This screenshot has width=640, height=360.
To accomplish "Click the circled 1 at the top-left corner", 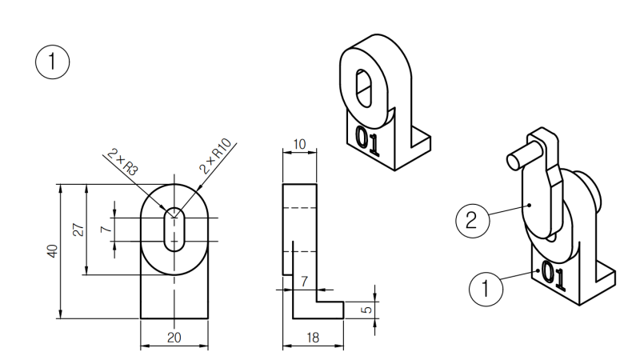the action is [52, 62].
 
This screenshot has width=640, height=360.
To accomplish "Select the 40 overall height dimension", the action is [53, 251].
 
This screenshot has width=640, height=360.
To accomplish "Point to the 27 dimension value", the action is [78, 230].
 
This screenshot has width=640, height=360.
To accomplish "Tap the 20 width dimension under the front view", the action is [174, 338].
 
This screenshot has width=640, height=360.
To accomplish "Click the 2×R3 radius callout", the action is [122, 162].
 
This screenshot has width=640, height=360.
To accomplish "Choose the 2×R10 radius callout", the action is [215, 156].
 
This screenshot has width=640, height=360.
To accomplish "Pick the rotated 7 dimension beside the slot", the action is [106, 229].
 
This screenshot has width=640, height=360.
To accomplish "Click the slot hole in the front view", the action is [174, 229].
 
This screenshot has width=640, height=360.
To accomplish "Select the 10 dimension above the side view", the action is [299, 144].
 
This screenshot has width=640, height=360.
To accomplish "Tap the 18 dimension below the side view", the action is [313, 338].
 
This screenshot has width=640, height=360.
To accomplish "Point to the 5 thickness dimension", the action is [367, 310].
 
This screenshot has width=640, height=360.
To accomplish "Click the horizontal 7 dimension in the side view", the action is [304, 282].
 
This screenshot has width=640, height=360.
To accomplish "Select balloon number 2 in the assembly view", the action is [472, 221].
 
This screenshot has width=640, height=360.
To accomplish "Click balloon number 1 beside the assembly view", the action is [486, 289].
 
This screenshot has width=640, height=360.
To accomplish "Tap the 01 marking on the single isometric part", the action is [367, 141].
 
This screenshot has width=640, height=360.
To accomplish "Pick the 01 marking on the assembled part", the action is [553, 276].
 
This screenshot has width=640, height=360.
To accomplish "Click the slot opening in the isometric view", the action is [364, 89].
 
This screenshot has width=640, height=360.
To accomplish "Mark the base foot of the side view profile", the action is [318, 310].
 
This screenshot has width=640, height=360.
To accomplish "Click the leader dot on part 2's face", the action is [529, 205].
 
